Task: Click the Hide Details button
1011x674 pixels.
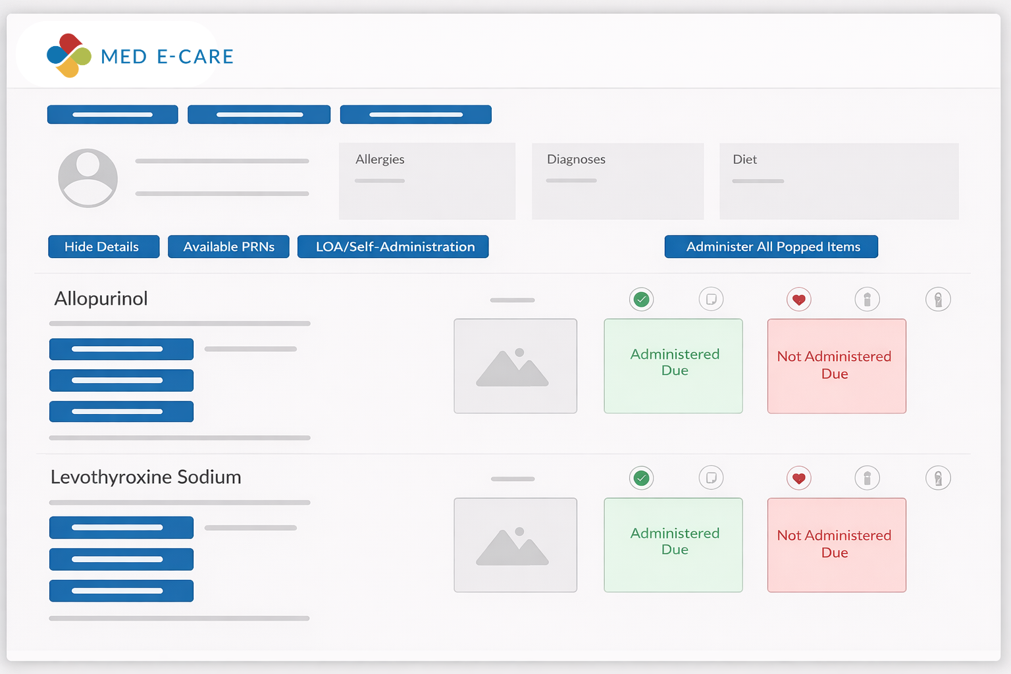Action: [104, 246]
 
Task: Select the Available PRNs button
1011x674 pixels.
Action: [228, 246]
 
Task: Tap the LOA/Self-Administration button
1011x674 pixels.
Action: [393, 246]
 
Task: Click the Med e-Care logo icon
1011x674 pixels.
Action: [69, 55]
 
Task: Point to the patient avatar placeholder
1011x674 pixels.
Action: [88, 178]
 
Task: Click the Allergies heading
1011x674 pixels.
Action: [380, 159]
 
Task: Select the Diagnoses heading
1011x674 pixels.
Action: [576, 159]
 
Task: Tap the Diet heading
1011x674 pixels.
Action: [744, 159]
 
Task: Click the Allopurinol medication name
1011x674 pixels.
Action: [101, 299]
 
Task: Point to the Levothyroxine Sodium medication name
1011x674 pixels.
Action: [145, 477]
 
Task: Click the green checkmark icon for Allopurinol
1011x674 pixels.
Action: [641, 299]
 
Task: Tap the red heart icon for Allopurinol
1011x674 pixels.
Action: [799, 299]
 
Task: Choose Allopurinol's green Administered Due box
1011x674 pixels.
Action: [673, 366]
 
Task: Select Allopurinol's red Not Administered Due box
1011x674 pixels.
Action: [837, 366]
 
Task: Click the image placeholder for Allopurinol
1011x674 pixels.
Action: [515, 366]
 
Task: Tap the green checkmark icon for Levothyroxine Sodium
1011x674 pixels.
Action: [641, 478]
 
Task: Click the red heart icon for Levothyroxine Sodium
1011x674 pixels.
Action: [799, 478]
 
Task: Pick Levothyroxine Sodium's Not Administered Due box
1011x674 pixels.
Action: [837, 545]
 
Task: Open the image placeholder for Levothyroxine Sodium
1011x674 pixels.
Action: [515, 545]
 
